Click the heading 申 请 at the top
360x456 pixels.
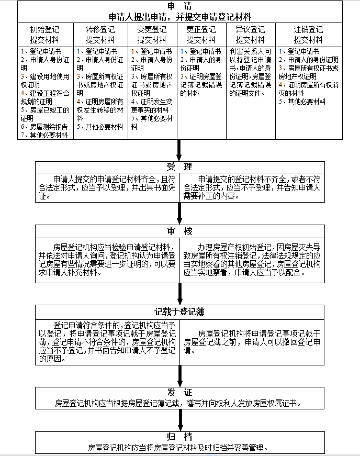point(179,6)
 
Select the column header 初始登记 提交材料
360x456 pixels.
point(44,35)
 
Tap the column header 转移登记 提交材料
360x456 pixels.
point(100,35)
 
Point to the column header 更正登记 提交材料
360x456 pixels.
point(201,35)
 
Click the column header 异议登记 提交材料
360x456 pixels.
point(250,35)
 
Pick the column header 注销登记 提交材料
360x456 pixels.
point(308,35)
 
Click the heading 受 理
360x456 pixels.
point(179,167)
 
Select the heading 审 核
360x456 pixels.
point(179,231)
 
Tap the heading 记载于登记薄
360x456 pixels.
point(179,312)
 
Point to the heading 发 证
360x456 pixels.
point(179,393)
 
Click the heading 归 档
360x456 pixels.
point(179,437)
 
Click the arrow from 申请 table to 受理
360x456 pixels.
point(179,150)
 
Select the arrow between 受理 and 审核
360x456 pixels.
point(179,214)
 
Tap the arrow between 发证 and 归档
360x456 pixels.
point(179,420)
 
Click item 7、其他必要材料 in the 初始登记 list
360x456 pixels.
point(44,135)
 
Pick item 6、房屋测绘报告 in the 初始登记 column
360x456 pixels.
point(44,127)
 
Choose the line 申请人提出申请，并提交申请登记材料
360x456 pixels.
point(179,16)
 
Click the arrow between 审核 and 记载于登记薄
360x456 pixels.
point(179,292)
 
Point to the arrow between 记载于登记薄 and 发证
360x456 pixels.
point(179,376)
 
